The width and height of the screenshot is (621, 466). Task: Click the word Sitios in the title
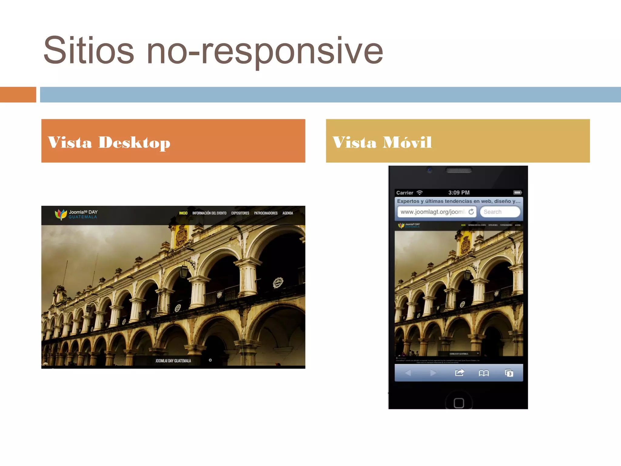pos(89,50)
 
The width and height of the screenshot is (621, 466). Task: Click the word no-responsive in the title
pos(265,52)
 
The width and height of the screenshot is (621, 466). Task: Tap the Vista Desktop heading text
pos(109,142)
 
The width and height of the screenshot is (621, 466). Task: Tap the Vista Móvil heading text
pos(382,142)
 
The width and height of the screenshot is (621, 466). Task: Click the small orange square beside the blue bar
pos(18,95)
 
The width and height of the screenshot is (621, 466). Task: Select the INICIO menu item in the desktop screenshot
pos(183,213)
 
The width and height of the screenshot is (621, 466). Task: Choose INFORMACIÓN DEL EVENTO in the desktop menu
pos(209,213)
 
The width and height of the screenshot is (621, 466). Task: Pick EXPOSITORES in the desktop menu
pos(240,213)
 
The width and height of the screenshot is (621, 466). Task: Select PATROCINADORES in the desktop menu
pos(266,213)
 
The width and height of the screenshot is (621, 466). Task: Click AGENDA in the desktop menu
pos(288,213)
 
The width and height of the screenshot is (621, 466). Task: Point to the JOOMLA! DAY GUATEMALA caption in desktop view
pos(173,361)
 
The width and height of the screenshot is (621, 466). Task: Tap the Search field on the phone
pos(500,212)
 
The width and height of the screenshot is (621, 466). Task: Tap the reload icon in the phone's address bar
pos(471,212)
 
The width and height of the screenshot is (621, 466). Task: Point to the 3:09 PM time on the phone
pos(459,193)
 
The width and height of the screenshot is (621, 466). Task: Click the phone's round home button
pos(459,403)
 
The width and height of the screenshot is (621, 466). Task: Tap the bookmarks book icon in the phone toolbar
pos(484,373)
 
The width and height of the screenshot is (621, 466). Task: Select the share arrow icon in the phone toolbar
pos(460,373)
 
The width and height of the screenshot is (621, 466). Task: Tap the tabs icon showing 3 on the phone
pos(509,373)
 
